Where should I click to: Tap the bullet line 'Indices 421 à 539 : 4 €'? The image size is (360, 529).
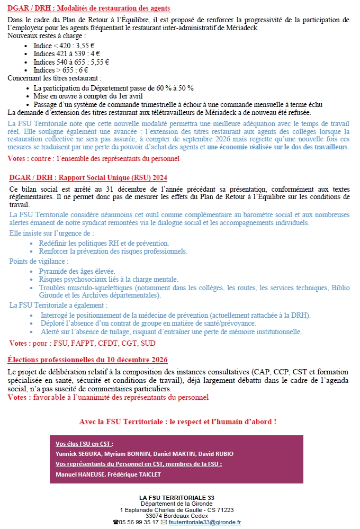click(66, 54)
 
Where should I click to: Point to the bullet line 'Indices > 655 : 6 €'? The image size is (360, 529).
click(60, 70)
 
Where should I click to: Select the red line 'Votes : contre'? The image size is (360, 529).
click(94, 158)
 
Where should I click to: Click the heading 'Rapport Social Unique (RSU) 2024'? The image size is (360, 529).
click(88, 177)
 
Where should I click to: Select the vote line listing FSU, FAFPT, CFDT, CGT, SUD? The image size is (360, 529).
click(83, 343)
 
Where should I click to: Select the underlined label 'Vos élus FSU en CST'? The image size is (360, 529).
click(84, 444)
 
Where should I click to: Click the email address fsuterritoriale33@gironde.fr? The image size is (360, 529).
click(205, 522)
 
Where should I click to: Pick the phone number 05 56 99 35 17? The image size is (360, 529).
click(139, 522)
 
